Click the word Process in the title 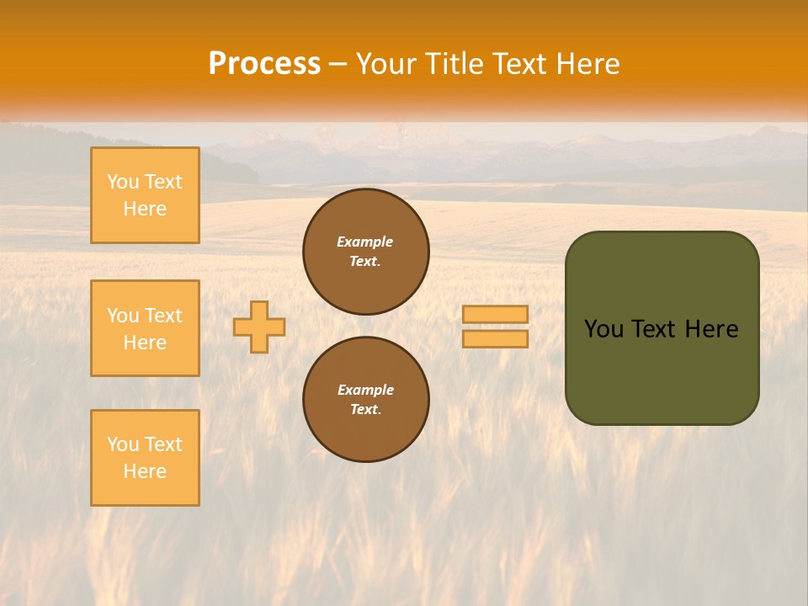coord(264,64)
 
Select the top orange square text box coord(145,195)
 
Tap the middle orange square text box coord(145,328)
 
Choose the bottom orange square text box coord(145,458)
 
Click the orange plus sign coord(259,327)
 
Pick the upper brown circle coord(366,252)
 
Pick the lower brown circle coord(366,400)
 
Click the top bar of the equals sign coord(495,314)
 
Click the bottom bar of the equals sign coord(495,339)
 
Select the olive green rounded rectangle coord(662,370)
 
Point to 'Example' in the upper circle coord(365,242)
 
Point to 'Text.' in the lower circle coord(365,410)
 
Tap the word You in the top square coord(123,182)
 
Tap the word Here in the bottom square coord(145,471)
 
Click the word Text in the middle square coord(162,316)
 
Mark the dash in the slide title coord(338,64)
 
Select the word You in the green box coord(603,329)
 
